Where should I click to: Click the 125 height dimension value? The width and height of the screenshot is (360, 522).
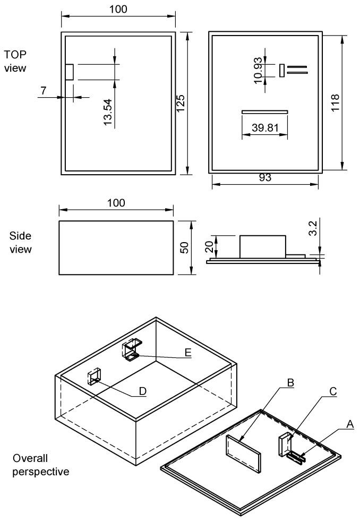pyautogui.click(x=181, y=102)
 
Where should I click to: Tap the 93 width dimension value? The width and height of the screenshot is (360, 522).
pyautogui.click(x=265, y=178)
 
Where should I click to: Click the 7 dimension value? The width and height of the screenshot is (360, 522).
pyautogui.click(x=43, y=90)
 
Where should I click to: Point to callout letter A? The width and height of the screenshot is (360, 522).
pyautogui.click(x=349, y=423)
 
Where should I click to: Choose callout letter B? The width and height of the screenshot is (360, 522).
pyautogui.click(x=290, y=382)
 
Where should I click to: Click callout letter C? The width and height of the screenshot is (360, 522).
pyautogui.click(x=332, y=391)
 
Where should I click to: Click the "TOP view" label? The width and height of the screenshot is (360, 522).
pyautogui.click(x=15, y=61)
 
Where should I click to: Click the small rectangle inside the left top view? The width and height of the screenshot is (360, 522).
pyautogui.click(x=70, y=72)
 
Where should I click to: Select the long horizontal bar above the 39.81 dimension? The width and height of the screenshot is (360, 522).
pyautogui.click(x=264, y=112)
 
